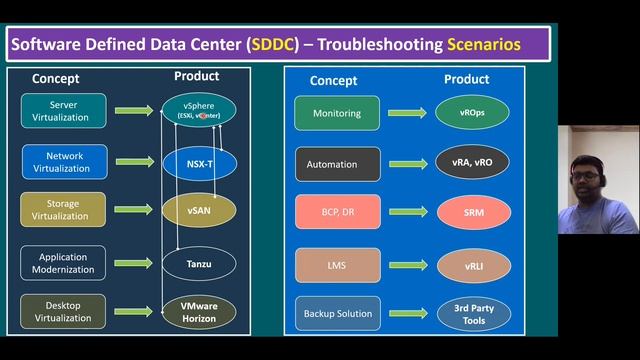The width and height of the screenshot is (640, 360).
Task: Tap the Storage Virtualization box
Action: click(x=61, y=209)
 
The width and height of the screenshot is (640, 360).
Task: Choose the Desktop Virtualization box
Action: click(x=61, y=310)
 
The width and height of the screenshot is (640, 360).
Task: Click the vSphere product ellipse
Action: click(x=199, y=110)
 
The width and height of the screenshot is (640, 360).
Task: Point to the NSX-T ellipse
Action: click(x=199, y=161)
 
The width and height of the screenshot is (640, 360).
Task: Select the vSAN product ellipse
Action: click(x=199, y=210)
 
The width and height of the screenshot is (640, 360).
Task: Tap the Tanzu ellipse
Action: click(x=199, y=263)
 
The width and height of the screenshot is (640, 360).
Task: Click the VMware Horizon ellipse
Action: click(x=199, y=311)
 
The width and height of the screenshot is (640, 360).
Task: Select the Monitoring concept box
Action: click(x=337, y=113)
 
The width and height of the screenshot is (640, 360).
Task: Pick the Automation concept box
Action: click(x=337, y=163)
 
